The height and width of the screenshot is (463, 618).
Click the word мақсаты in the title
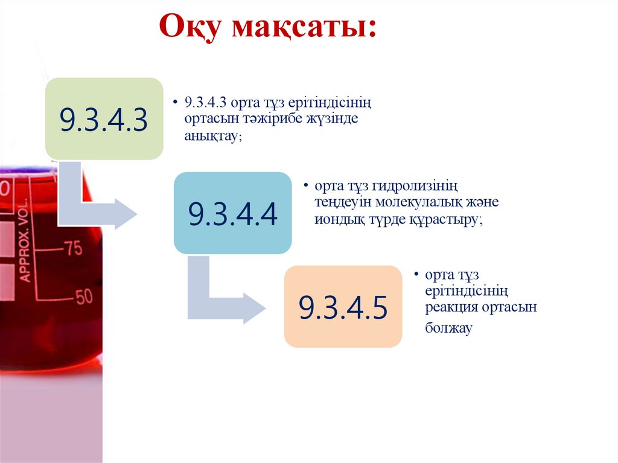(304, 29)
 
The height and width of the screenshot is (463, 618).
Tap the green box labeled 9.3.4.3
(104, 119)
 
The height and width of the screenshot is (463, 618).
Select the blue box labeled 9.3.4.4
(232, 212)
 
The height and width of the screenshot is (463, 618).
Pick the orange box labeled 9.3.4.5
(343, 307)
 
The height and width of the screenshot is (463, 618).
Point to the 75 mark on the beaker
(73, 249)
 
